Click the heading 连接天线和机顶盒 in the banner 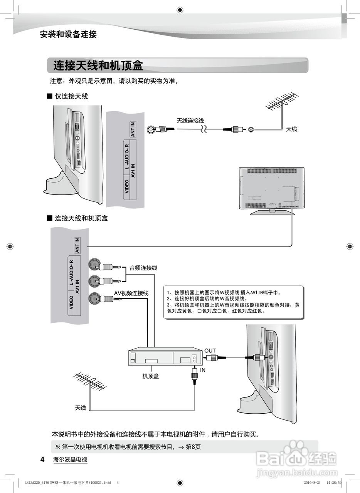click(x=98, y=66)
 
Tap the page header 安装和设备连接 click(x=68, y=34)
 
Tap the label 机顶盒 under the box click(x=150, y=376)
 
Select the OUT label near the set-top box click(x=210, y=350)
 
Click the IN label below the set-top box click(x=203, y=370)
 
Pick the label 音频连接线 click(x=143, y=268)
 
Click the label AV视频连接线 click(x=131, y=293)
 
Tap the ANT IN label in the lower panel click(x=77, y=245)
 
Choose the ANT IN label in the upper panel click(x=133, y=129)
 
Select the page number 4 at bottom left click(x=43, y=459)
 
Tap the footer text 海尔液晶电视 click(x=70, y=459)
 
